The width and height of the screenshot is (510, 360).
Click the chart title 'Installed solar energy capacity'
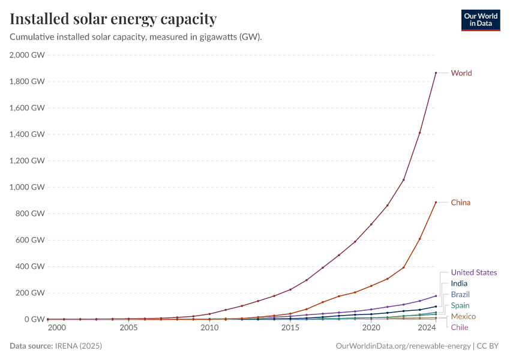pyautogui.click(x=113, y=19)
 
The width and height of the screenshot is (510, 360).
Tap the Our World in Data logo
pyautogui.click(x=480, y=20)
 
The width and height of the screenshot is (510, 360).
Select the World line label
pyautogui.click(x=461, y=73)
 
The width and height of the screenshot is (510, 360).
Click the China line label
pyautogui.click(x=461, y=202)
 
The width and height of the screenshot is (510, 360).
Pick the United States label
pyautogui.click(x=474, y=272)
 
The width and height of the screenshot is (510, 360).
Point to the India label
pyautogui.click(x=459, y=283)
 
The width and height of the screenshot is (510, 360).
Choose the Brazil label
pyautogui.click(x=460, y=295)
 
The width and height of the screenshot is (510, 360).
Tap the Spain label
pyautogui.click(x=460, y=305)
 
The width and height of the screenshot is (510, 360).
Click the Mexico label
pyautogui.click(x=463, y=316)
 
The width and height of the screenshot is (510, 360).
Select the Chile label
pyautogui.click(x=460, y=327)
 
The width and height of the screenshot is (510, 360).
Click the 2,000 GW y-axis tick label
pyautogui.click(x=28, y=55)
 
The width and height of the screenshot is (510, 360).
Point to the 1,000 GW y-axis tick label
pyautogui.click(x=28, y=187)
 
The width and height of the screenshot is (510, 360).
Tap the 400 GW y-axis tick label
pyautogui.click(x=31, y=266)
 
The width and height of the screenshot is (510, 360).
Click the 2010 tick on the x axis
pyautogui.click(x=209, y=328)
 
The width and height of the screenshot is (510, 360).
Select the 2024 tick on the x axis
pyautogui.click(x=427, y=328)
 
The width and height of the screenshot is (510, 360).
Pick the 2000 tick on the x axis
pyautogui.click(x=57, y=328)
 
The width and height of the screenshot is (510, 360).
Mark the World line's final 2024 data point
pyautogui.click(x=436, y=73)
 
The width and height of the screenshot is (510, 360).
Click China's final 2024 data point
pyautogui.click(x=436, y=202)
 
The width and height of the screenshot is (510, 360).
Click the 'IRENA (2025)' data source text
pyautogui.click(x=79, y=346)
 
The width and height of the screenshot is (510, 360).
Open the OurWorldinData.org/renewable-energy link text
pyautogui.click(x=404, y=346)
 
